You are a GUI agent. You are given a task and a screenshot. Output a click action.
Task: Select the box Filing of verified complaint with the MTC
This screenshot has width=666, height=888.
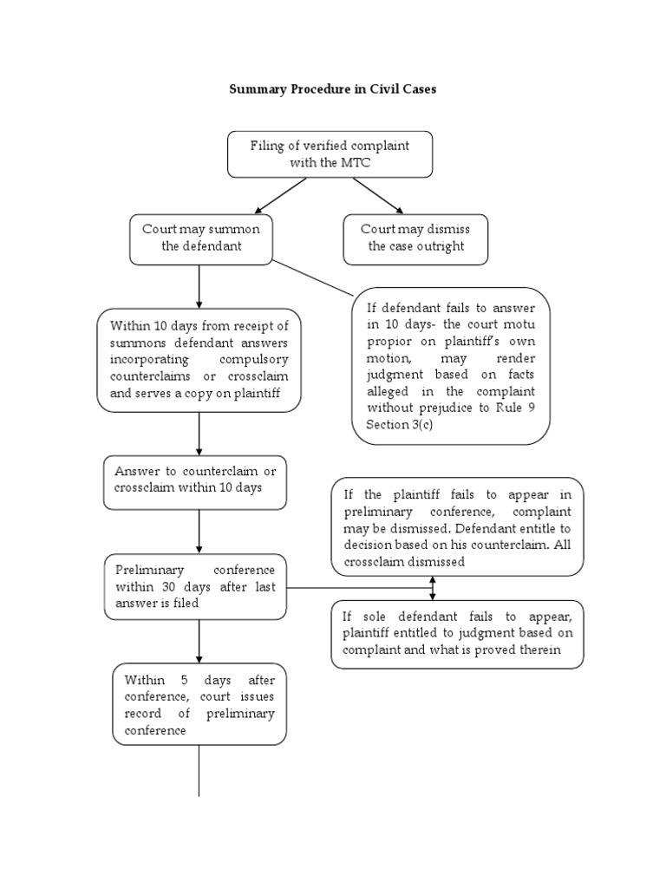[330, 154]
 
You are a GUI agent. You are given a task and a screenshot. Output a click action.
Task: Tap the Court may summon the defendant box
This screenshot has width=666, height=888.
[201, 238]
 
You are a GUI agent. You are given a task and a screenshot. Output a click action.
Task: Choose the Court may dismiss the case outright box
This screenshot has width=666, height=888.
[415, 238]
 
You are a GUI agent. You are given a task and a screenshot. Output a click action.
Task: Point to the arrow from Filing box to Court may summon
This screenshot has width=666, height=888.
[281, 195]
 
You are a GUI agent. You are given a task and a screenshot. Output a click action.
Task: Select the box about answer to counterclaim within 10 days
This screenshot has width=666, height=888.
[195, 480]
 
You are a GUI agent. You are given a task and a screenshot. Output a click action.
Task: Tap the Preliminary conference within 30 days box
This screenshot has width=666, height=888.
[195, 587]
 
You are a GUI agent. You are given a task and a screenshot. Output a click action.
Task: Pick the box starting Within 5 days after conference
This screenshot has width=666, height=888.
[199, 704]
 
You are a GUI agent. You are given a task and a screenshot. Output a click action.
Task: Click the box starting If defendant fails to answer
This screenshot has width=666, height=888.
[450, 366]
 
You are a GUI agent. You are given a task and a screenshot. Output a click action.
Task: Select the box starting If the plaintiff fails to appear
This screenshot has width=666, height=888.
[457, 527]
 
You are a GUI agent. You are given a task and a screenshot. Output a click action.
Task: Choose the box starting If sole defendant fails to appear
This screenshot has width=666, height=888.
[457, 634]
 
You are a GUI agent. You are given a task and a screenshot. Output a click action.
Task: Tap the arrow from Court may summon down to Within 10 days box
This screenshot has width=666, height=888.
[199, 286]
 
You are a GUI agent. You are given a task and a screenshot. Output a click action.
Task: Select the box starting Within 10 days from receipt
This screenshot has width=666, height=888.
[199, 359]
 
